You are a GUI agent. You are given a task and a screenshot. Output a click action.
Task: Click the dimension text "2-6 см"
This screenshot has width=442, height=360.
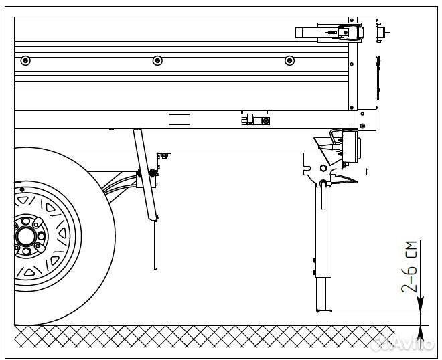pyautogui.click(x=410, y=267)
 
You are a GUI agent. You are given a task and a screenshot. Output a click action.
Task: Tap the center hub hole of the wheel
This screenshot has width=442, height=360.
pyautogui.click(x=27, y=236)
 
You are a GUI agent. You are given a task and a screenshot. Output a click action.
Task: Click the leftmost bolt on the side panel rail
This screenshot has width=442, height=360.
pyautogui.click(x=25, y=60)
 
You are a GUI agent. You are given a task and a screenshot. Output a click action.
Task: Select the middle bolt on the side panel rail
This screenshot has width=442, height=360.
pyautogui.click(x=157, y=60)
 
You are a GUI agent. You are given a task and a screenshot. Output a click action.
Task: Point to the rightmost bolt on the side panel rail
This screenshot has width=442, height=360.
pyautogui.click(x=289, y=60)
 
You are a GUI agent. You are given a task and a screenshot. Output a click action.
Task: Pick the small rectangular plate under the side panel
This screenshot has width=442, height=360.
pyautogui.click(x=179, y=119)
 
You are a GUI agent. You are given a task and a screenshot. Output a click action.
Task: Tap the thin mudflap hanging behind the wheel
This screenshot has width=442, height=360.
pyautogui.click(x=156, y=244)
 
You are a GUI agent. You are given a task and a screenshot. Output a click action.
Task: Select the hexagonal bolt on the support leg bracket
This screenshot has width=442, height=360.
pyautogui.click(x=325, y=168)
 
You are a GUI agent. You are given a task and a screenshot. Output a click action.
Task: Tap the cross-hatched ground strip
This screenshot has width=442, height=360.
pyautogui.click(x=201, y=337)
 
